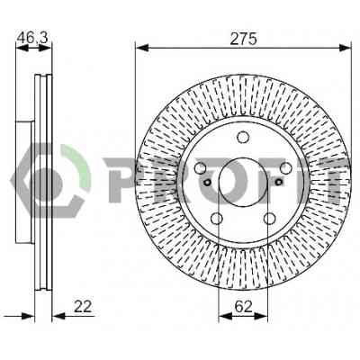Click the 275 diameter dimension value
click(x=243, y=39)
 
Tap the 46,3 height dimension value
click(x=32, y=38)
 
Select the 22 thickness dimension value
click(x=83, y=306)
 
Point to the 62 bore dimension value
click(x=243, y=306)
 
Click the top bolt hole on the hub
click(x=243, y=137)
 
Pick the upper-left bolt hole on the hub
click(x=200, y=168)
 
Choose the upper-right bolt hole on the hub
click(x=286, y=168)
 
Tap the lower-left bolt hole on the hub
click(x=217, y=219)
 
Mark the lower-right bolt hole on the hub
click(x=269, y=219)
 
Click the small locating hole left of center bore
click(x=207, y=182)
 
